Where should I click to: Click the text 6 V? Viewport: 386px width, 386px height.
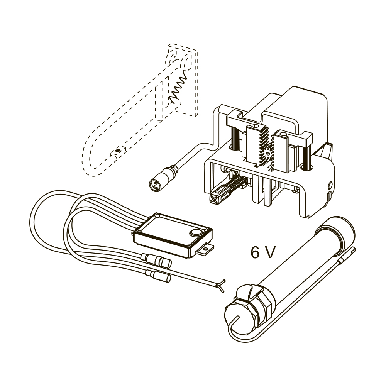[x=262, y=252]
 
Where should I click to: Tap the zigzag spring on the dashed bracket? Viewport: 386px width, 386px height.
[x=178, y=86]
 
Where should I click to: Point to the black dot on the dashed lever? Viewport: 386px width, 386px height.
[x=118, y=151]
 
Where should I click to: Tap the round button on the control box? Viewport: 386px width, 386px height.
[x=195, y=233]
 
